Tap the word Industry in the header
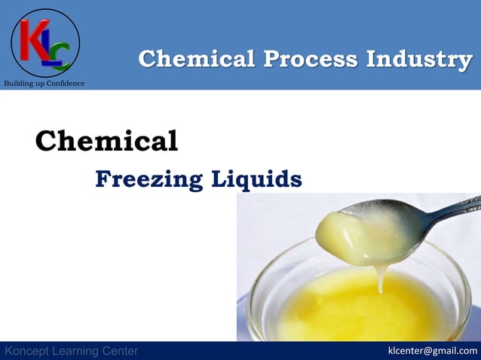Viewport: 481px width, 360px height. click(x=424, y=59)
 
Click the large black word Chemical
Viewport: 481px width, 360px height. click(x=106, y=140)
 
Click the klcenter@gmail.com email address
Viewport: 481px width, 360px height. click(x=432, y=350)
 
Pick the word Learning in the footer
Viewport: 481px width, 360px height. click(x=79, y=351)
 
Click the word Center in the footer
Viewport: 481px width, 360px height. click(x=121, y=351)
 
